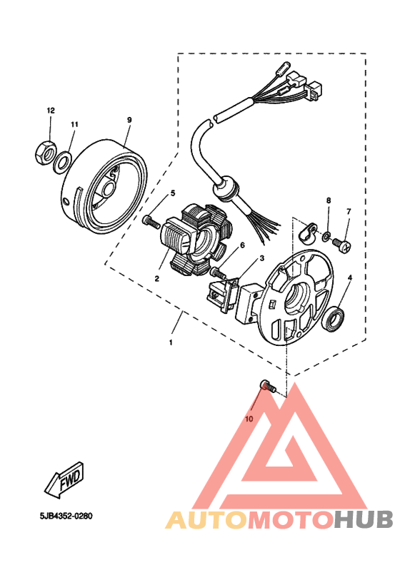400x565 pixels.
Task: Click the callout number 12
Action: tap(51, 111)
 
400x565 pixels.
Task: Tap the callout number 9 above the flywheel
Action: tap(129, 120)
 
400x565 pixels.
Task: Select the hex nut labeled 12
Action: tap(45, 152)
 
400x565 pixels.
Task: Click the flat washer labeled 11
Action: tap(63, 158)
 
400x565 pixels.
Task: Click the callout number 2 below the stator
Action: tap(156, 278)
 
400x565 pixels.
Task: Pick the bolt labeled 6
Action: tap(215, 273)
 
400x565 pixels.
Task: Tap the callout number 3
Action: tap(262, 258)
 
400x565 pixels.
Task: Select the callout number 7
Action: tap(349, 212)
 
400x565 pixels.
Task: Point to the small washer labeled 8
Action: tap(326, 236)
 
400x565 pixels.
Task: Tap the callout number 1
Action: tap(171, 343)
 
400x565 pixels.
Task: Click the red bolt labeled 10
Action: tap(266, 387)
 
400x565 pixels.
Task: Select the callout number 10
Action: tap(249, 419)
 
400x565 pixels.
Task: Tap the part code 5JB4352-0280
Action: tap(67, 515)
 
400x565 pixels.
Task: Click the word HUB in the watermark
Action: tap(362, 520)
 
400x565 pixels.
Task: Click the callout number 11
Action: tap(74, 124)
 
